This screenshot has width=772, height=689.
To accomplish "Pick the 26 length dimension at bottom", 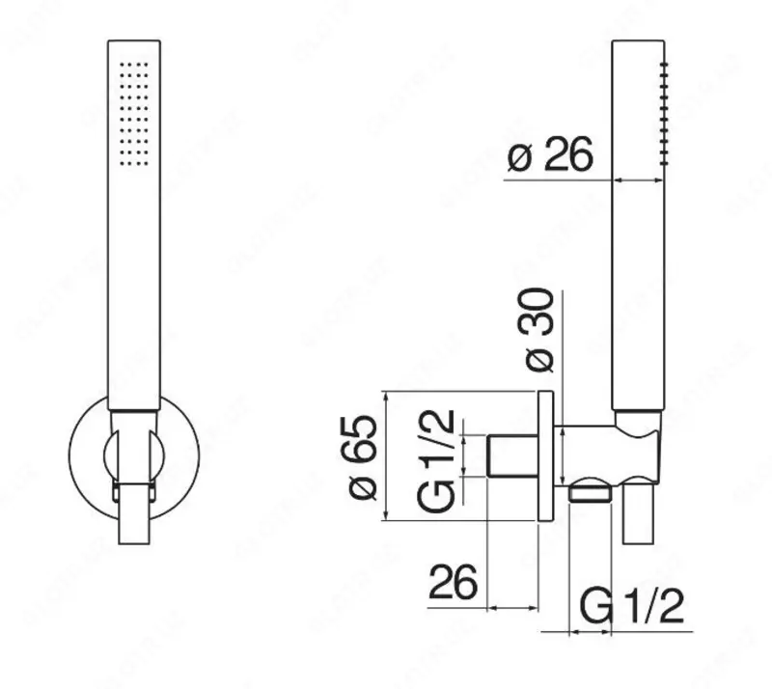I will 454,583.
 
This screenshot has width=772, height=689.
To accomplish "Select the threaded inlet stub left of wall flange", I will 510,456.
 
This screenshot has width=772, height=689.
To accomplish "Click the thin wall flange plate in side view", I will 545,456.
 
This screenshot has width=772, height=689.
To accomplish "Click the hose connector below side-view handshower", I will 638,516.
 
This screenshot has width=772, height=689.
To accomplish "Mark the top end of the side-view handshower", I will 638,42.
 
